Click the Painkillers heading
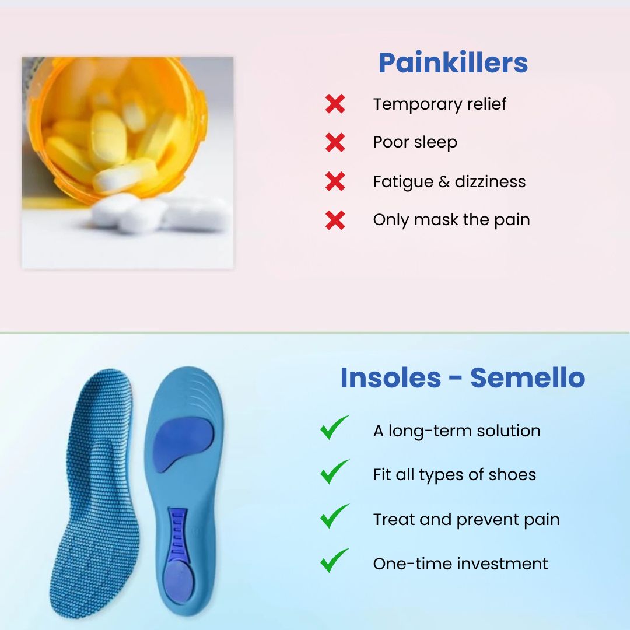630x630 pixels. point(453,63)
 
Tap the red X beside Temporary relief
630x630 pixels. point(335,104)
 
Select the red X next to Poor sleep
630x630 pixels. point(335,142)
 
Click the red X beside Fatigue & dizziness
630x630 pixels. point(335,181)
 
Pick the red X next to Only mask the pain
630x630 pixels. point(335,220)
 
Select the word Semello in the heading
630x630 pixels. point(527,378)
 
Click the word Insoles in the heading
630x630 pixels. point(390,378)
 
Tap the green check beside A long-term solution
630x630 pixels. point(334,428)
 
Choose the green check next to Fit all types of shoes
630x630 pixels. point(334,472)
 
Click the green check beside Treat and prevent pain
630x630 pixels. point(334,516)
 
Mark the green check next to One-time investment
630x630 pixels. point(334,561)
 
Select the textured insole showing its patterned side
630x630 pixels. point(99,490)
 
